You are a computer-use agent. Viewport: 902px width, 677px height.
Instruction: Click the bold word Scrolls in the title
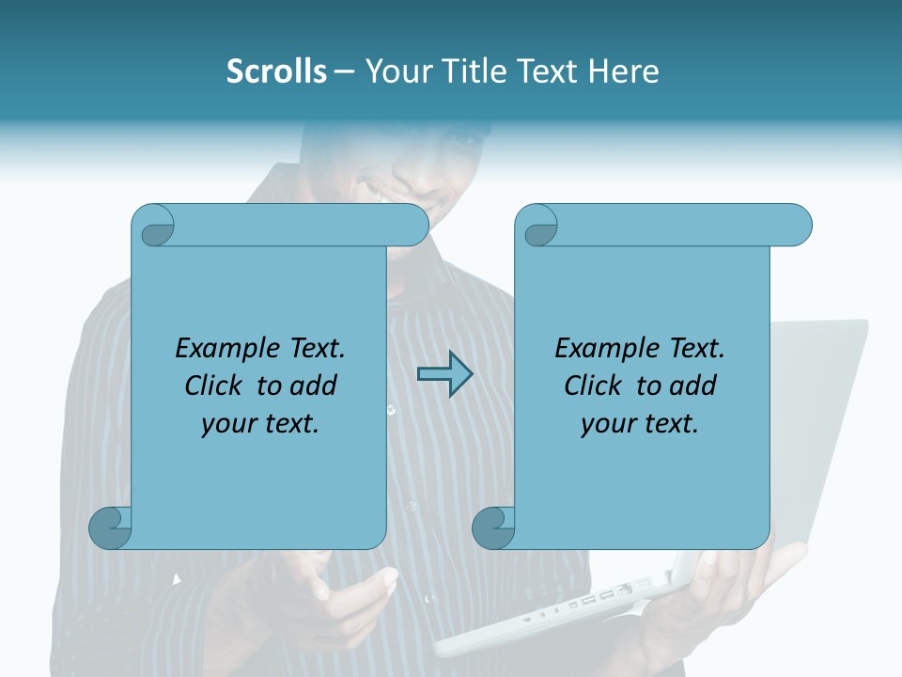(x=276, y=71)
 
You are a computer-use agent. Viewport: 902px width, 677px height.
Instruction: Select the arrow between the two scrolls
(x=444, y=375)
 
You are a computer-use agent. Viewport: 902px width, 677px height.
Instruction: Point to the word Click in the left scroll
(x=217, y=386)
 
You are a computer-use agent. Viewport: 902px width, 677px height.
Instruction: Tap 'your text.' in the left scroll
(x=260, y=424)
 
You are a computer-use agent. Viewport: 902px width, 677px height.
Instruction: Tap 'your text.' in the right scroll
(x=640, y=424)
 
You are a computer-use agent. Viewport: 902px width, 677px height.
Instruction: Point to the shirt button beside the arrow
(x=391, y=410)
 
